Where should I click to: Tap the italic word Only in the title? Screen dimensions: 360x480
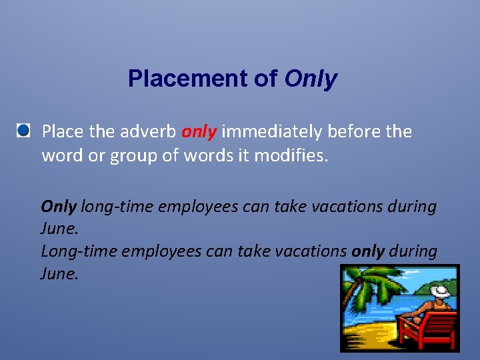[x=311, y=79]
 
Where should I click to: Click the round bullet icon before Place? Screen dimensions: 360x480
[x=24, y=130]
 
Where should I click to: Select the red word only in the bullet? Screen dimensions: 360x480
[x=199, y=131]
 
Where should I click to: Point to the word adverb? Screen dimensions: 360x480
[x=148, y=131]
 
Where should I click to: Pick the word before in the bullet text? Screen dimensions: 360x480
[x=352, y=131]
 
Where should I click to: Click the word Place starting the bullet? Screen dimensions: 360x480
[x=62, y=131]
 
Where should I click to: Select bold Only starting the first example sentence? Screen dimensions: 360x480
[x=59, y=207]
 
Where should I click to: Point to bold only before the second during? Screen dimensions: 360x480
[x=367, y=251]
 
